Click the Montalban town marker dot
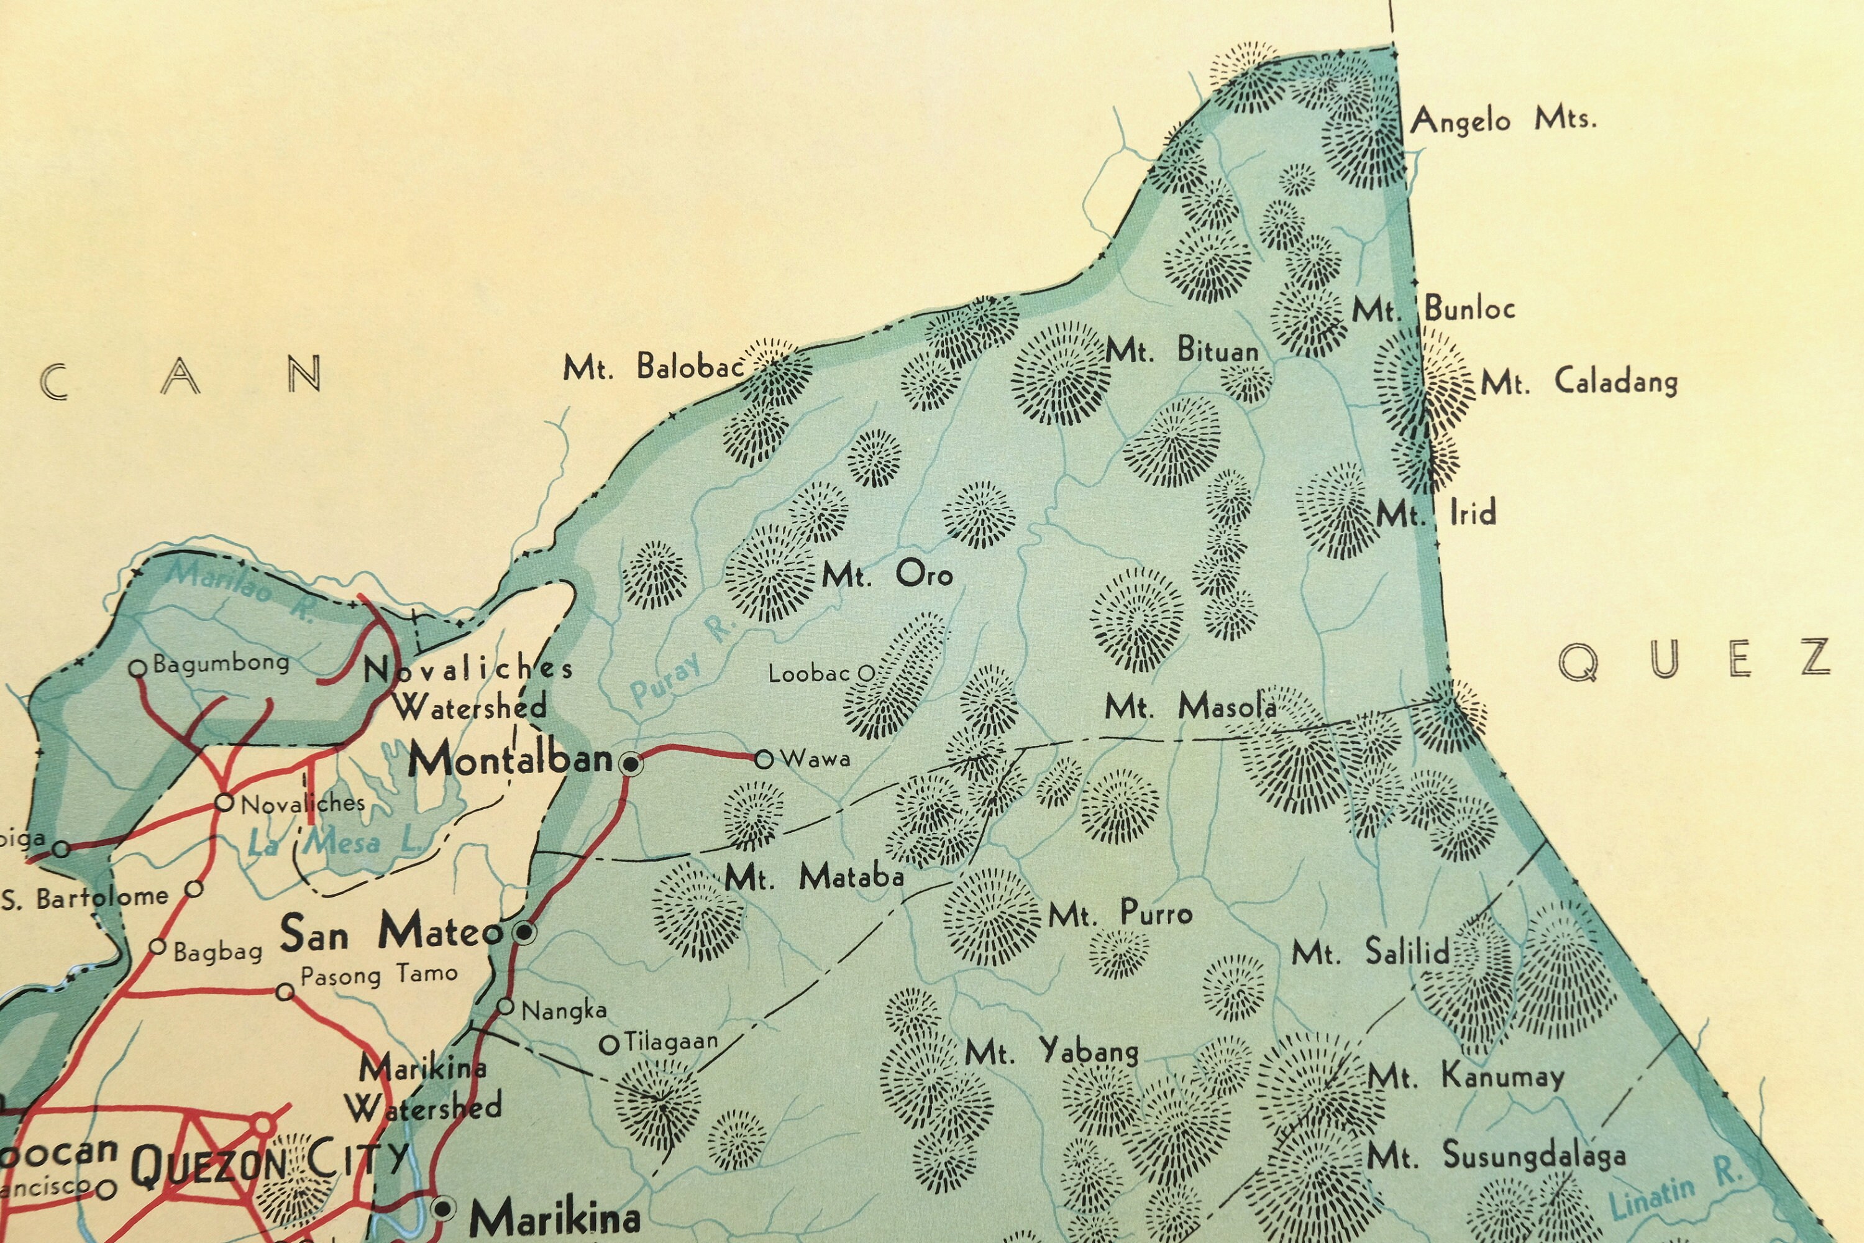tap(631, 763)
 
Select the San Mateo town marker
tap(524, 933)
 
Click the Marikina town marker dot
tap(444, 1208)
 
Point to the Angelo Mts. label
tap(1502, 121)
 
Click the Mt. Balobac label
tap(654, 368)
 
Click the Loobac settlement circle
tap(867, 674)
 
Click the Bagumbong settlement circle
tap(138, 668)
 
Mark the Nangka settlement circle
tap(506, 1007)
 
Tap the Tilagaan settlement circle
tap(609, 1045)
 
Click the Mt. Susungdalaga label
tap(1496, 1155)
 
